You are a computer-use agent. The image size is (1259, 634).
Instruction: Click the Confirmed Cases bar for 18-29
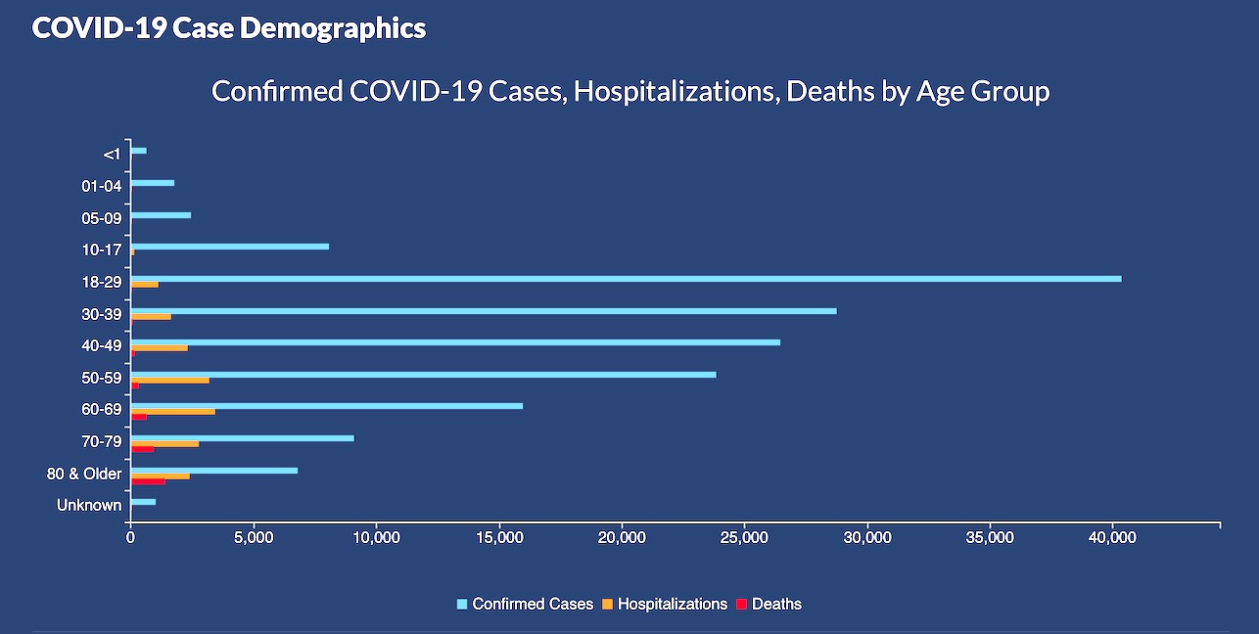click(x=627, y=279)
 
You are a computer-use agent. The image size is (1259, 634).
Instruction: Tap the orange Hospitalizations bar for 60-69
click(x=173, y=412)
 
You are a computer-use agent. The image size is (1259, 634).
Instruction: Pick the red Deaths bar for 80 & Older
click(x=148, y=481)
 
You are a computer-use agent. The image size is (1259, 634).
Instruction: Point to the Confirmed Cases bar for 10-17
click(x=230, y=247)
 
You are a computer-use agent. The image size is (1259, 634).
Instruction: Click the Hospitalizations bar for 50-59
click(x=170, y=380)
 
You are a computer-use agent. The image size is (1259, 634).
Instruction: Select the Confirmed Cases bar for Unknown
click(x=143, y=502)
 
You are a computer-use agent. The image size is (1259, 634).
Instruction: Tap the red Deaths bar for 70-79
click(x=143, y=449)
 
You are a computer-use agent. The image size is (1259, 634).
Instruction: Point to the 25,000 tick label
click(x=744, y=538)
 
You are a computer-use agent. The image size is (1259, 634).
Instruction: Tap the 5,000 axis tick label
click(x=253, y=538)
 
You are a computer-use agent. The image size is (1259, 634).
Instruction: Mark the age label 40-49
click(x=102, y=344)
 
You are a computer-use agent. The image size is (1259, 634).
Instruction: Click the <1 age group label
click(x=112, y=154)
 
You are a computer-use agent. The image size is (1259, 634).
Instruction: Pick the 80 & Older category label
click(x=85, y=475)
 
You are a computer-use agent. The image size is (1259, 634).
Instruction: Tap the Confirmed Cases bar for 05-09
click(x=161, y=215)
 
